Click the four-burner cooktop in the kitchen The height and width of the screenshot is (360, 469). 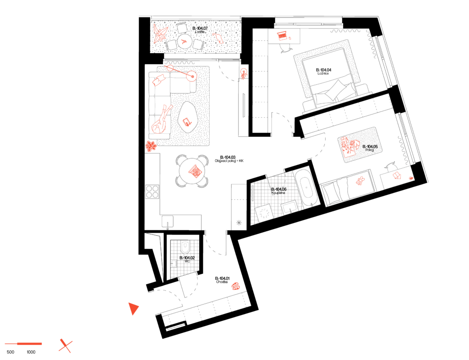click(x=152, y=191)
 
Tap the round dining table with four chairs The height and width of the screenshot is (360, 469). click(x=192, y=171)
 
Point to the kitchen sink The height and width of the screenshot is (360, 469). click(x=168, y=222)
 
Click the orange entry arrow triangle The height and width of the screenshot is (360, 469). click(x=133, y=308)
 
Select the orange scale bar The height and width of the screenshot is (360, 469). click(x=24, y=344)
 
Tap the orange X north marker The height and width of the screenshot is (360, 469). click(x=65, y=346)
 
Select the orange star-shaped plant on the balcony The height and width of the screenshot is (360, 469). click(x=160, y=33)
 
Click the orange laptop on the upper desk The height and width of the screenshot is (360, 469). click(x=283, y=35)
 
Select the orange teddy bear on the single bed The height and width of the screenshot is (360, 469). click(x=360, y=181)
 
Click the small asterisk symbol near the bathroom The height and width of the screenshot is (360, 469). click(x=239, y=223)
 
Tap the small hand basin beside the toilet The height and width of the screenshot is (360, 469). click(x=174, y=263)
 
